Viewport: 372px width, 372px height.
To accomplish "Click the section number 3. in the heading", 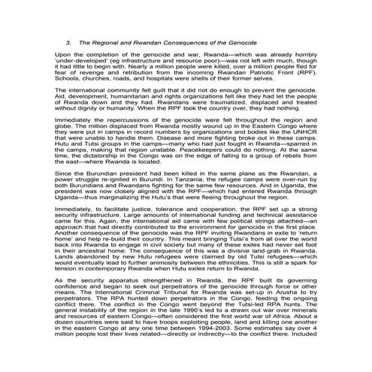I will click(x=69, y=44).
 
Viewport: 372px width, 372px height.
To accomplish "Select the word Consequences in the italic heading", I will click(x=198, y=44).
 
